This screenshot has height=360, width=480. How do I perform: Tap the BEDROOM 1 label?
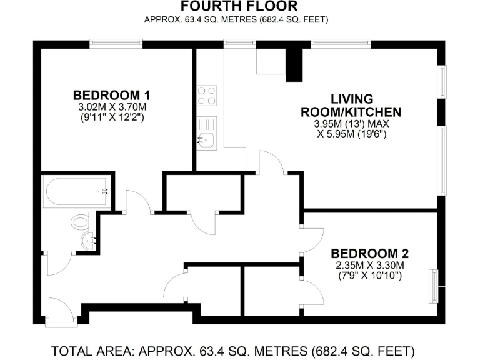pos(111,96)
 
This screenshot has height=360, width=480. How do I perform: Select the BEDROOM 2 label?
pos(369,254)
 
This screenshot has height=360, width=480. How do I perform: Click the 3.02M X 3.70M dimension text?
pos(111,107)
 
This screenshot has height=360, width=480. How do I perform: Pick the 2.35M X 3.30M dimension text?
pos(369,265)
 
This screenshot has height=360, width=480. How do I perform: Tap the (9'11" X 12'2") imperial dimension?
pos(111,117)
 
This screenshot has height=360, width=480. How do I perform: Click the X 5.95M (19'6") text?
pos(351,134)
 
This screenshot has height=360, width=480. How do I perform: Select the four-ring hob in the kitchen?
pos(207,95)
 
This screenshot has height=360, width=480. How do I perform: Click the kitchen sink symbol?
pos(206,133)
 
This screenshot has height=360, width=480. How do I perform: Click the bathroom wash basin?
pos(90,240)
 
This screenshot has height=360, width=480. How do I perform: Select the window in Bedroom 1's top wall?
pos(116,44)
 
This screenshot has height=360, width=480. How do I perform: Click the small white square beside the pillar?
pos(271,61)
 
